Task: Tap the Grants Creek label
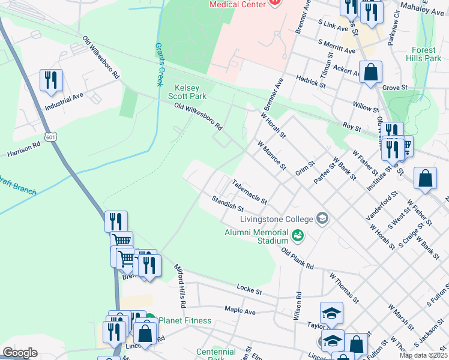click(x=160, y=64)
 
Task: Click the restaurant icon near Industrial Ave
click(x=50, y=80)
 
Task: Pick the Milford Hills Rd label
click(x=180, y=283)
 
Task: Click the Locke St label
click(x=250, y=290)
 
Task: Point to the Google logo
click(x=20, y=353)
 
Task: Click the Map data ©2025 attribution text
click(x=423, y=355)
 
